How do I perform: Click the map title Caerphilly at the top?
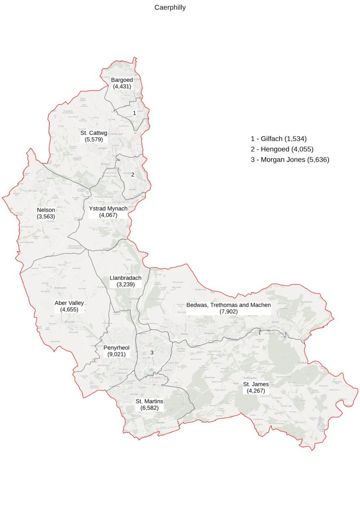coord(170,8)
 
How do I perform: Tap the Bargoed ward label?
coord(122,80)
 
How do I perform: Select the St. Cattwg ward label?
coord(94,133)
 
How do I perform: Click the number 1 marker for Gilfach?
coord(134,113)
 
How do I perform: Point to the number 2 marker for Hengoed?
coord(133,174)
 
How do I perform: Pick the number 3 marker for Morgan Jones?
coord(152,353)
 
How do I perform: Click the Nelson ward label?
coord(46,210)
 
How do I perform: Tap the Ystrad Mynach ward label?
coord(108,209)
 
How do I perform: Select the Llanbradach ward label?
coord(125,278)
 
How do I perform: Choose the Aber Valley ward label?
coord(69,303)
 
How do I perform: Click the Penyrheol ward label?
coord(116,348)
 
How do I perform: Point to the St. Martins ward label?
coord(149,401)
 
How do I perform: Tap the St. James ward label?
coord(256,385)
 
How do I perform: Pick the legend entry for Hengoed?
coord(282,149)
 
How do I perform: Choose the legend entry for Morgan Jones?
coord(290,160)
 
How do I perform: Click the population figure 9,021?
coord(116,354)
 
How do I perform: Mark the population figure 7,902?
coord(229,312)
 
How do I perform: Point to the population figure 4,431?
coord(122,86)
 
